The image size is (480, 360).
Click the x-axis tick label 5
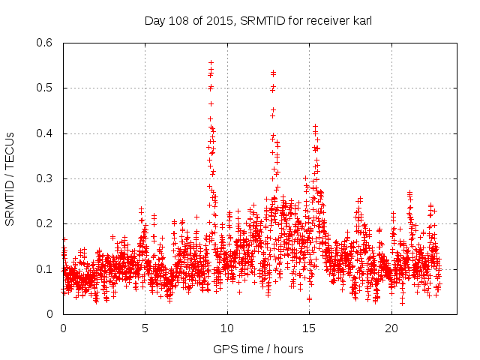(x=145, y=328)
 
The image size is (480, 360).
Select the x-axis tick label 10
(x=226, y=328)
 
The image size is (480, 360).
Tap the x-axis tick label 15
(x=309, y=328)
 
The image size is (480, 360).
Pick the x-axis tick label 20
(x=391, y=328)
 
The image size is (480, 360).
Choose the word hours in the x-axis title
(x=288, y=349)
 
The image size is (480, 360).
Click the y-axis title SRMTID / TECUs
(x=10, y=178)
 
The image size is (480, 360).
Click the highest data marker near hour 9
(x=211, y=62)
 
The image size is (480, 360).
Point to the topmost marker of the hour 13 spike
(x=273, y=73)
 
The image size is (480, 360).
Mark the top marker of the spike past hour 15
(x=315, y=127)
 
